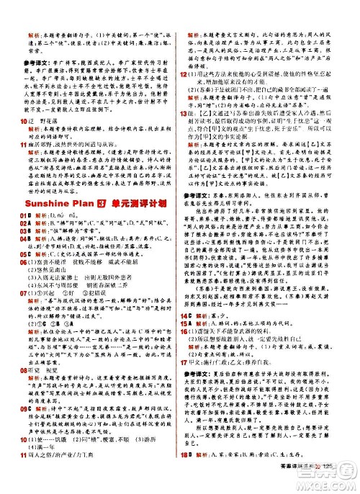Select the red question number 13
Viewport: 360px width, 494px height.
point(185,114)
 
